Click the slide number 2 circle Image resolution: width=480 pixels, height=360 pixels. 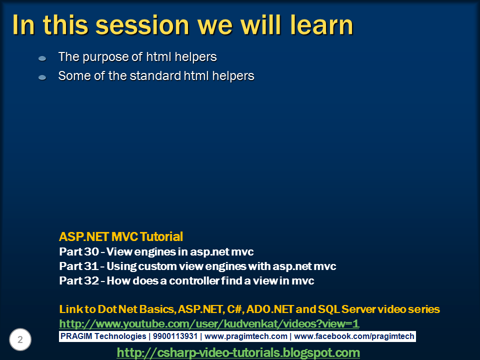point(20,339)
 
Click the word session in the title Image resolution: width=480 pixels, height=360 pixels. point(142,25)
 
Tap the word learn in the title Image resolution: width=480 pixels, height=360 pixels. point(321,24)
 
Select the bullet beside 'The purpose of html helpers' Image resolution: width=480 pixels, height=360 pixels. point(42,58)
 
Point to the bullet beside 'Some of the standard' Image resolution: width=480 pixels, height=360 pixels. point(42,77)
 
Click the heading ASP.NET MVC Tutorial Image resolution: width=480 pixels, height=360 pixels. point(121,236)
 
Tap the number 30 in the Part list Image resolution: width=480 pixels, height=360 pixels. point(91,251)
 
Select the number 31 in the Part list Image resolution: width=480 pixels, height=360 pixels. point(91,266)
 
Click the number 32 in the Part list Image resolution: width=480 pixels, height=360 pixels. point(91,280)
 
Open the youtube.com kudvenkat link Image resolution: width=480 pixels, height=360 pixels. point(209,324)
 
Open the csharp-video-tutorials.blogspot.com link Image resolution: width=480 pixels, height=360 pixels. point(238,352)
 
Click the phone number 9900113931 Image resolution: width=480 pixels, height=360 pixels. point(175,336)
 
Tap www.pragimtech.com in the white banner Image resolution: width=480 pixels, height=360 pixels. point(246,336)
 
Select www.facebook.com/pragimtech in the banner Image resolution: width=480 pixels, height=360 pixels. point(354,336)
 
